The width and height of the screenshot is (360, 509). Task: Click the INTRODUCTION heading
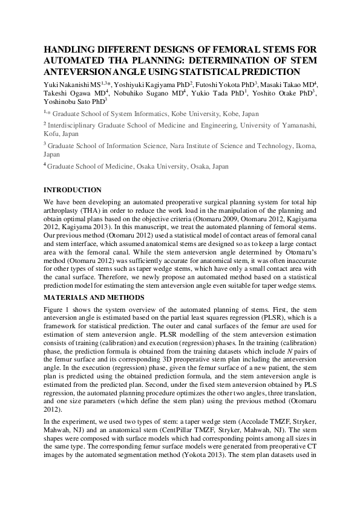[x=73, y=190]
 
